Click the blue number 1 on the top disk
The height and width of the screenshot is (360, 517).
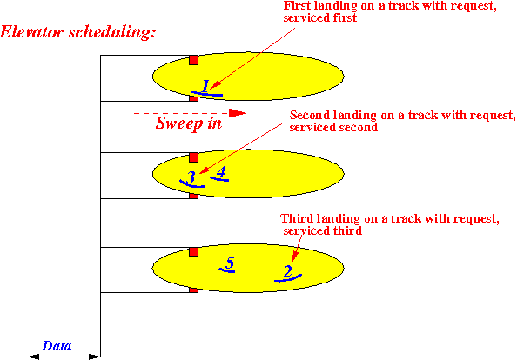point(205,86)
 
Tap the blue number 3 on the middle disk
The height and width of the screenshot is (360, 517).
point(191,177)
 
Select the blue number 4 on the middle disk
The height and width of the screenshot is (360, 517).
point(221,171)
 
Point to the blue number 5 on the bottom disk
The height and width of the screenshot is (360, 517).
point(230,263)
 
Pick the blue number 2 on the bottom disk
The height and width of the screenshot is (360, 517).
point(287,271)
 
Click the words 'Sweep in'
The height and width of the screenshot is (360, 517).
point(189,123)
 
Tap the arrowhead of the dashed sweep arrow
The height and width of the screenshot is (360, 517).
point(238,113)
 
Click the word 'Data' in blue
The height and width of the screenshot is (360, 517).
point(57,346)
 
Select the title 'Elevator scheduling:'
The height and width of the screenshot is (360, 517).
point(77,32)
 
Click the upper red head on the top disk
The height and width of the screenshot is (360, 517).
point(193,60)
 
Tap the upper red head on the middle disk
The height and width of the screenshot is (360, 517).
point(193,157)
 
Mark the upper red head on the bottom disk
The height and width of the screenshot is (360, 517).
point(193,252)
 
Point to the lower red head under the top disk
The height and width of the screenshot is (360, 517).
point(193,98)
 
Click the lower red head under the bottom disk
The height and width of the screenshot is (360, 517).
point(193,290)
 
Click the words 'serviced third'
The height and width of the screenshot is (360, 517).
point(322,230)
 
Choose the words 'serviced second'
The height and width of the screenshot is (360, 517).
point(333,127)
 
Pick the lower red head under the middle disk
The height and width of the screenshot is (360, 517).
point(193,196)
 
